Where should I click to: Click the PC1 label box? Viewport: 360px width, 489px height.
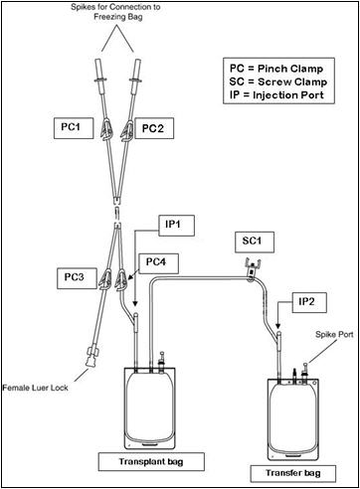[x=74, y=128]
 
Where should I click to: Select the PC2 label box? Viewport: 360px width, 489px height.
[x=154, y=128]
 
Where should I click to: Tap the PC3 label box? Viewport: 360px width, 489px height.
[x=77, y=278]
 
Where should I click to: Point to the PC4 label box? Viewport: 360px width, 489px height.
[x=158, y=263]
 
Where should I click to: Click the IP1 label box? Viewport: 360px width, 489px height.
[x=176, y=226]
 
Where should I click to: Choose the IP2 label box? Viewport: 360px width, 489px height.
[x=309, y=302]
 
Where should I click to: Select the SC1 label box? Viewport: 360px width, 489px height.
[x=255, y=242]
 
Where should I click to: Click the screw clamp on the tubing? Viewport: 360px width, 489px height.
[x=253, y=269]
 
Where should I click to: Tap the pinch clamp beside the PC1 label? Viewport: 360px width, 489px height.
[x=106, y=130]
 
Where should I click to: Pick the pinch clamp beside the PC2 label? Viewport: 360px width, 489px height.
[x=127, y=130]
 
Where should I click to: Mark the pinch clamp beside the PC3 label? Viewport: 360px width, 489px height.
[x=105, y=279]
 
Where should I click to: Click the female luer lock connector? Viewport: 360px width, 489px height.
[x=91, y=356]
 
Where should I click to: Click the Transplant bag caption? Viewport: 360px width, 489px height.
[x=151, y=461]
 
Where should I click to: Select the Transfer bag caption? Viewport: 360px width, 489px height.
[x=293, y=473]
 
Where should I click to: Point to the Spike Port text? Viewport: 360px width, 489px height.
[x=334, y=335]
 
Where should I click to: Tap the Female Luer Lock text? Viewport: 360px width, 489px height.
[x=36, y=388]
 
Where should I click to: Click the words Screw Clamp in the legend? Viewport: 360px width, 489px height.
[x=292, y=81]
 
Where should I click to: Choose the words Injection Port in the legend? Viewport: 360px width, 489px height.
[x=288, y=95]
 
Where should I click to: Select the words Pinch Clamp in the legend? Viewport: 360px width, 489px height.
[x=290, y=69]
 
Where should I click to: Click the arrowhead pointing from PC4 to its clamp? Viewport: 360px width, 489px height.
[x=130, y=277]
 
